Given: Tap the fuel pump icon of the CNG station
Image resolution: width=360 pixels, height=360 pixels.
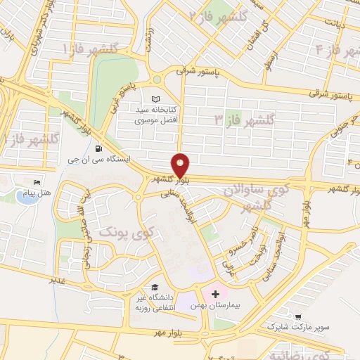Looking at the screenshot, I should pyautogui.click(x=96, y=149).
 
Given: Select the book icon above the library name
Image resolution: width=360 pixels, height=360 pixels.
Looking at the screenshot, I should pyautogui.click(x=155, y=98).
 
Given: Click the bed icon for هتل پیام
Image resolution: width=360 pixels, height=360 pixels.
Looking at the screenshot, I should pyautogui.click(x=37, y=183).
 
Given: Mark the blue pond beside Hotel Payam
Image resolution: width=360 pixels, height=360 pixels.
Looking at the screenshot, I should pyautogui.click(x=28, y=196).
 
